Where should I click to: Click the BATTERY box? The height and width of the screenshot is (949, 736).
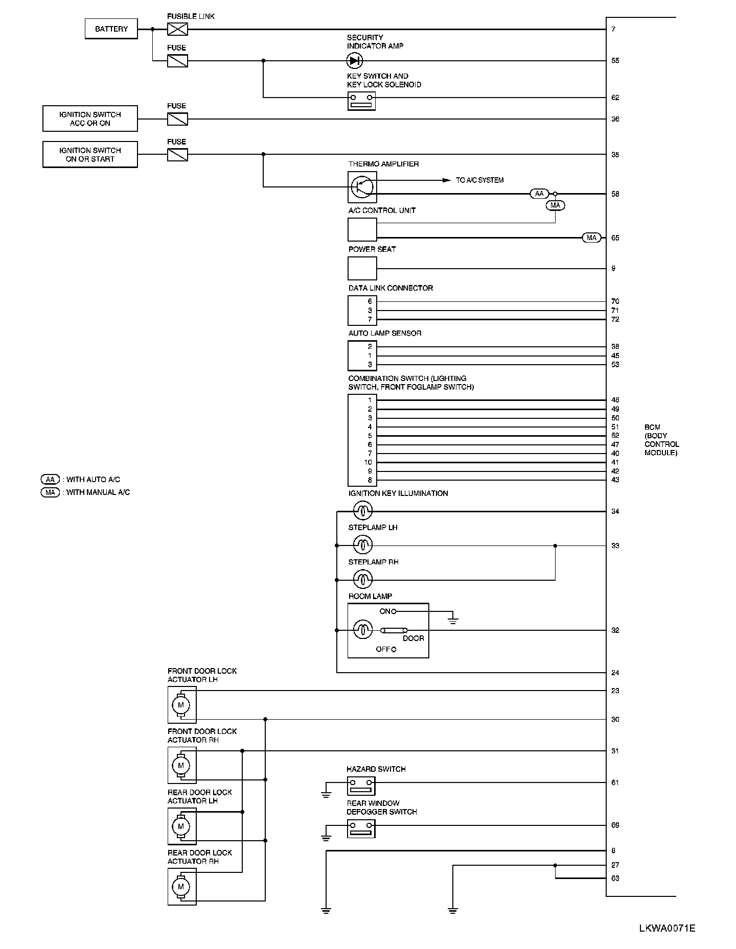point(111,29)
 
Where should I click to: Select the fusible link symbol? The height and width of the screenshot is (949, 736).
point(177,29)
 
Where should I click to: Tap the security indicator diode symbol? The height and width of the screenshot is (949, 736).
point(354,61)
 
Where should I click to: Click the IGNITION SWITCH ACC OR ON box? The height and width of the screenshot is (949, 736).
point(90,119)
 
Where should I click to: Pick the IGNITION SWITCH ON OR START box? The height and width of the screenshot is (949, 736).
point(90,155)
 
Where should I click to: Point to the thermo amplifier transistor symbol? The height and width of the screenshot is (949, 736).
point(362,186)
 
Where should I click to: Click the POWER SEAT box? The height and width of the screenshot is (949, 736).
point(362,268)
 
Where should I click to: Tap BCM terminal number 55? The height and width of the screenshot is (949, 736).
point(615,61)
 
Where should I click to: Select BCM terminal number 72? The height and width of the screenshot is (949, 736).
point(615,319)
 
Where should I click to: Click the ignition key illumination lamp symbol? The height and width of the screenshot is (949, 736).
point(363,510)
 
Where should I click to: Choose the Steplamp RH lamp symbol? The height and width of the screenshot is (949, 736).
point(363,579)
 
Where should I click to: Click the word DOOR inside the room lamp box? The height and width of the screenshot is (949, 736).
point(413,638)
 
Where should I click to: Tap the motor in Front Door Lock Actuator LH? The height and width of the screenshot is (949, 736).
point(180,705)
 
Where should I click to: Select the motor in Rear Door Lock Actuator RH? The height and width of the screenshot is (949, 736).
point(180,887)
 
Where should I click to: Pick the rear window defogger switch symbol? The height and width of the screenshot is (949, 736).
point(361,828)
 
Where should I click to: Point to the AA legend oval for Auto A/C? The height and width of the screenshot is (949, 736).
point(50,480)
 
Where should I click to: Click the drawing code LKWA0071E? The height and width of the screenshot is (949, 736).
point(666,928)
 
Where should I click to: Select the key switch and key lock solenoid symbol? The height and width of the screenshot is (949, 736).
point(362,101)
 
